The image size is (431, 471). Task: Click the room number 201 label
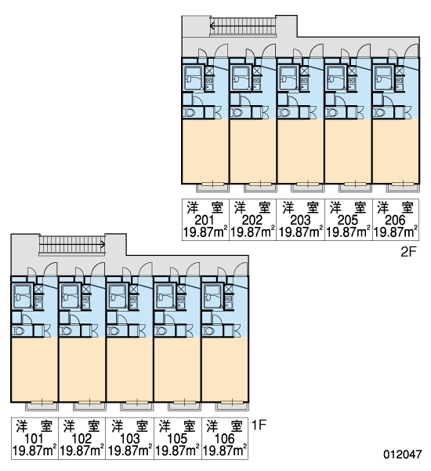(x=205, y=220)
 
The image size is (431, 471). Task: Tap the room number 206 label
(x=395, y=220)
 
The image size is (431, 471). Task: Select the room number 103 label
(x=129, y=439)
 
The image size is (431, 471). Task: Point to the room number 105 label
(x=177, y=439)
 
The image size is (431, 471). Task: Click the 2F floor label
(x=409, y=252)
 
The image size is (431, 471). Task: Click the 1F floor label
(x=259, y=425)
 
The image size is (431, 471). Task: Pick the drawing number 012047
(x=403, y=454)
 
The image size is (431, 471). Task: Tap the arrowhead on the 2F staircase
(x=212, y=26)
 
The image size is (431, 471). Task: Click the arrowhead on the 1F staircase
(x=103, y=244)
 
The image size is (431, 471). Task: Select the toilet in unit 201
(x=189, y=113)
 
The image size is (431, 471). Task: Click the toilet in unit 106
(x=208, y=331)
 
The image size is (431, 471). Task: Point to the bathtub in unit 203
(x=288, y=78)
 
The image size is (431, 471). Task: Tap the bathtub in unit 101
(x=22, y=297)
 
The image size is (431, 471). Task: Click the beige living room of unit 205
(x=348, y=151)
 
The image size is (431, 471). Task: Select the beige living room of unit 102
(x=81, y=369)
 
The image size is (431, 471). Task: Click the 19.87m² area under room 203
(x=301, y=232)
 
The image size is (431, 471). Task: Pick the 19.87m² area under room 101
(x=34, y=451)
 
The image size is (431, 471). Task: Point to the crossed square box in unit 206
(x=399, y=71)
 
